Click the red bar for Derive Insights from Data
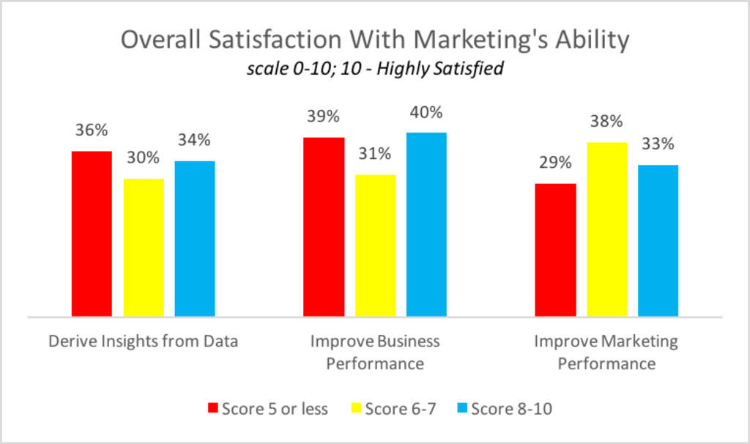[92, 234]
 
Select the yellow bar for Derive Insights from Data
[144, 248]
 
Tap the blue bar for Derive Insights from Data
[195, 239]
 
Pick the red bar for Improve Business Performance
[324, 227]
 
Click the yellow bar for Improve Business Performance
[375, 245]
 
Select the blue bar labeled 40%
[426, 224]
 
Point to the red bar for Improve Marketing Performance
[555, 250]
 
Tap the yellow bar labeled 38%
[606, 229]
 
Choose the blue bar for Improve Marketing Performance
[658, 240]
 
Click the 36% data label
[92, 130]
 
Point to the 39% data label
[324, 116]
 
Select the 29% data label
[555, 163]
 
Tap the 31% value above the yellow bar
[375, 154]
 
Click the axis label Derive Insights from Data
[143, 341]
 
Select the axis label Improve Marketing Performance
[606, 352]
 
